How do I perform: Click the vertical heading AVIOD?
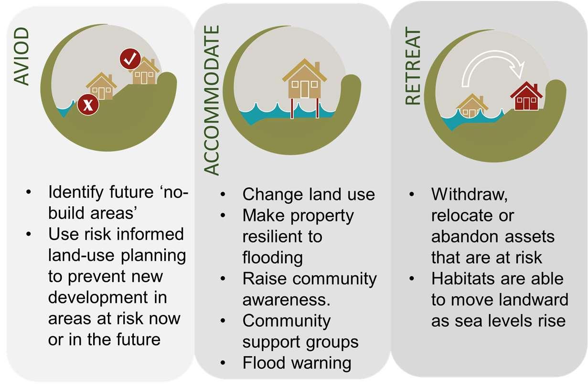[x=21, y=57]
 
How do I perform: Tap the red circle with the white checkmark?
[x=129, y=59]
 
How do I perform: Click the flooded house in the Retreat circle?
[x=471, y=105]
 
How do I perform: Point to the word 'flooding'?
[x=272, y=258]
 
